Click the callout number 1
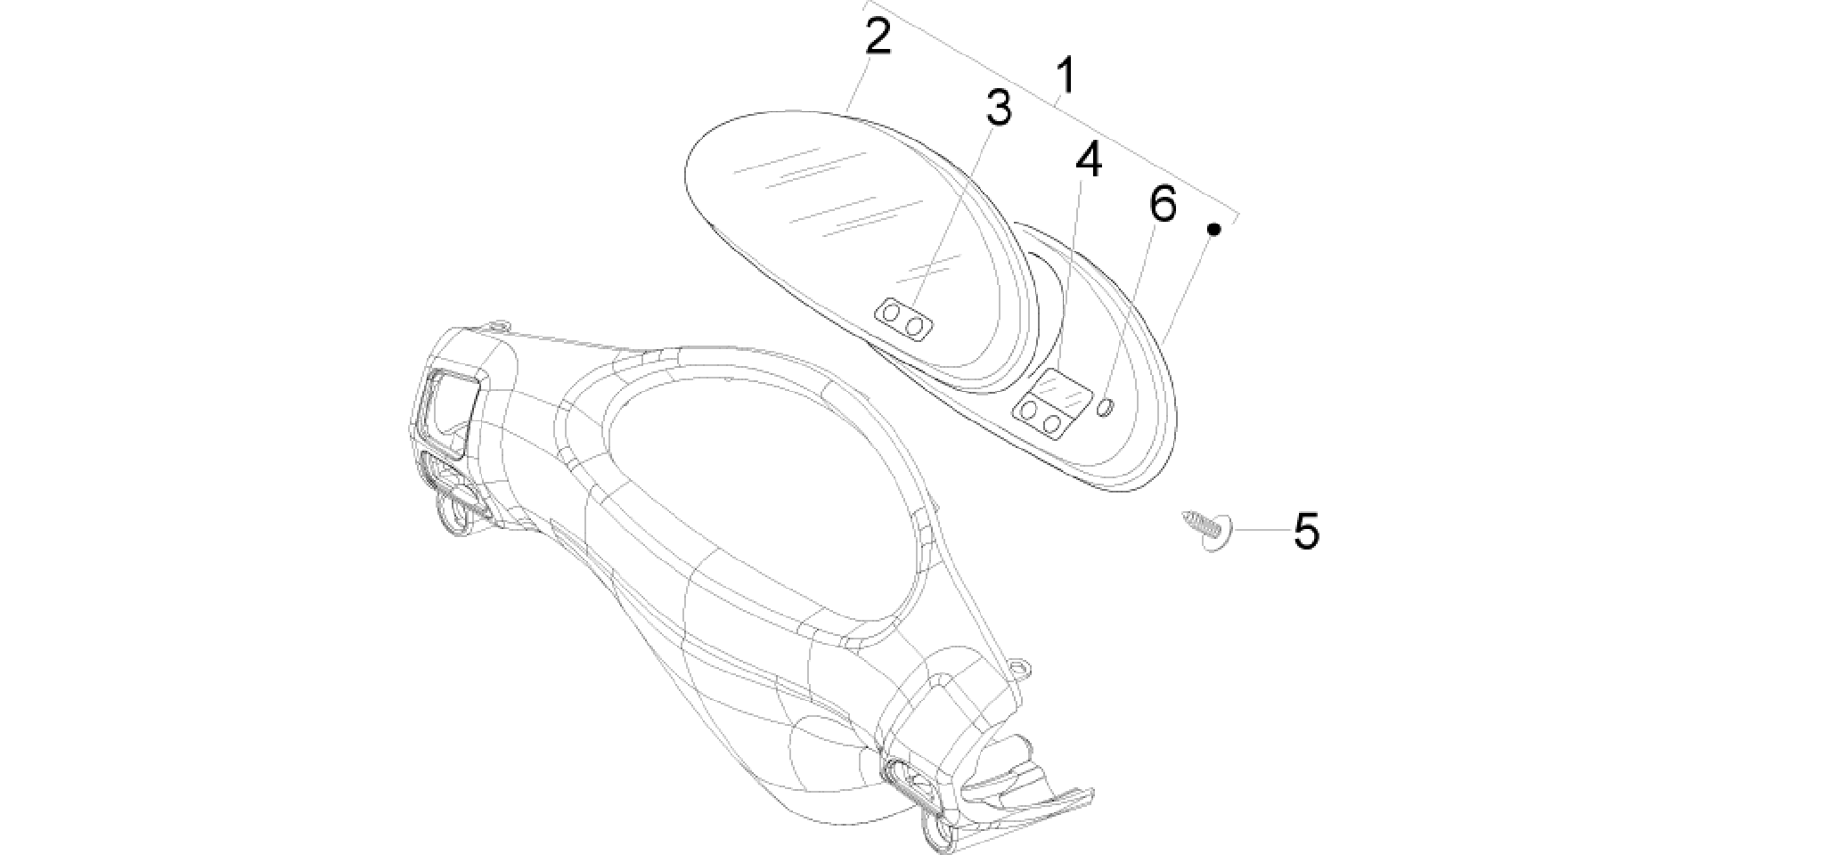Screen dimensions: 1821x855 click(1065, 77)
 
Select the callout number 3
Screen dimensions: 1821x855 click(998, 108)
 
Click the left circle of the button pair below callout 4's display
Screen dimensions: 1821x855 click(1030, 411)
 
